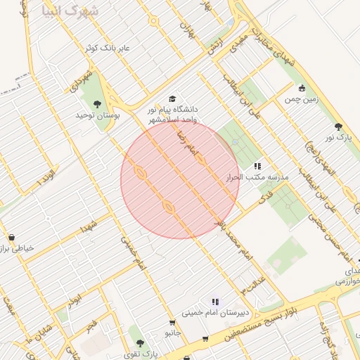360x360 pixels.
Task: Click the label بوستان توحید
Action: pos(97,114)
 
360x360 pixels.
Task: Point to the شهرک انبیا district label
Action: pos(70,11)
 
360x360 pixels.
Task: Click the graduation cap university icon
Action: pos(172,99)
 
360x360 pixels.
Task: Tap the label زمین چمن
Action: pos(302,99)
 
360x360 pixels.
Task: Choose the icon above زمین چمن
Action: pos(302,89)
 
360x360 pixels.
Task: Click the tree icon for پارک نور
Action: pos(338,127)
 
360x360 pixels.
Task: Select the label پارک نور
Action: pos(338,137)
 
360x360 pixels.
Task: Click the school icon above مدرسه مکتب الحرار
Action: pos(257,166)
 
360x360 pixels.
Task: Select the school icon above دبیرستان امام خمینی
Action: pos(215,302)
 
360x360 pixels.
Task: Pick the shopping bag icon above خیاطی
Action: pos(11,238)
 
